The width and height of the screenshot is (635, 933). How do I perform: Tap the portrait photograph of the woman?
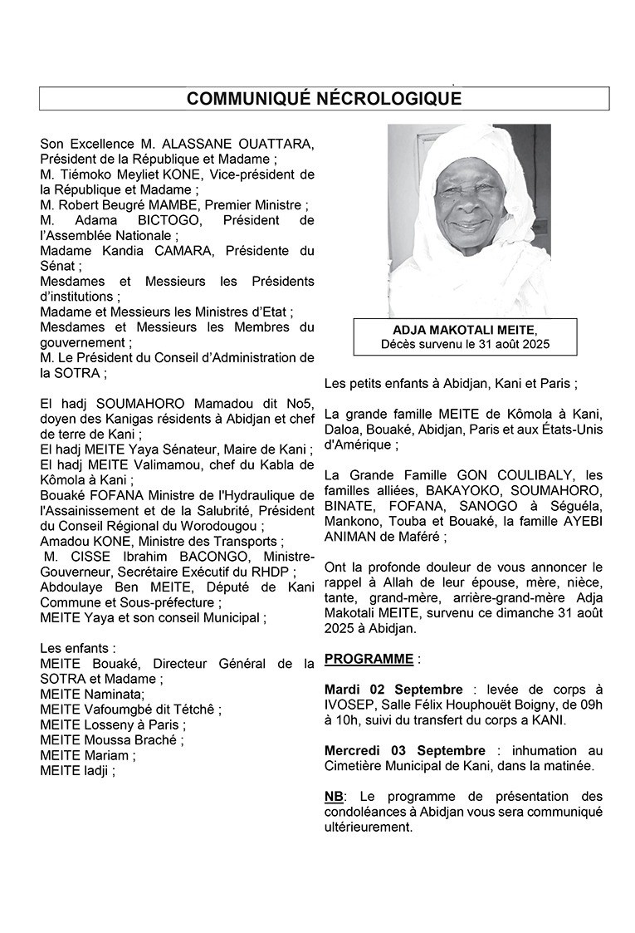pyautogui.click(x=469, y=220)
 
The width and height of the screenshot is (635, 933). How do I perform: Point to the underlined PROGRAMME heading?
pyautogui.click(x=369, y=659)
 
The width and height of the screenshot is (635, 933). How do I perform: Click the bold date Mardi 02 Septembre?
pyautogui.click(x=393, y=690)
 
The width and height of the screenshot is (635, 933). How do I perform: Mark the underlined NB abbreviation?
pyautogui.click(x=333, y=796)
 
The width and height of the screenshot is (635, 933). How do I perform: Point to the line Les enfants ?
pyautogui.click(x=79, y=647)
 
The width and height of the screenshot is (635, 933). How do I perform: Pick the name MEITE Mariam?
pyautogui.click(x=84, y=754)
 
